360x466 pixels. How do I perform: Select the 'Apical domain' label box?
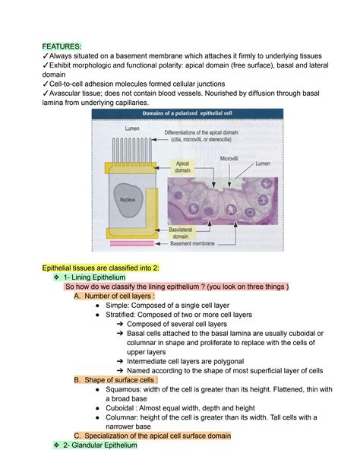182,166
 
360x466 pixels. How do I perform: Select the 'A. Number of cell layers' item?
125,296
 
